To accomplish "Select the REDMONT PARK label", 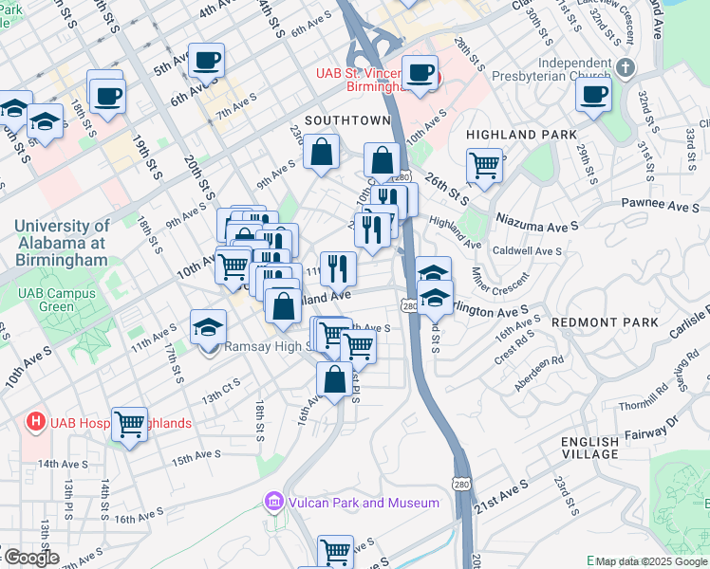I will click(x=605, y=322).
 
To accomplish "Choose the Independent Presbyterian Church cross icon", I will click(x=625, y=68).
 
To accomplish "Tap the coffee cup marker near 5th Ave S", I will click(x=206, y=62).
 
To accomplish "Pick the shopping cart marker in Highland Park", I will click(x=484, y=166).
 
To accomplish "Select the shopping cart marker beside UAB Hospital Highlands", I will click(x=129, y=424).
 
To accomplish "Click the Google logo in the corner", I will click(x=30, y=558).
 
